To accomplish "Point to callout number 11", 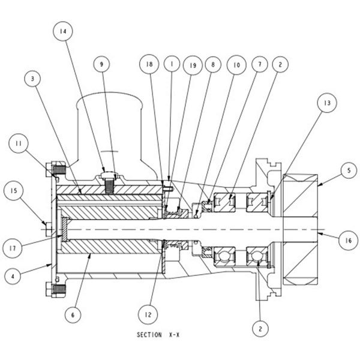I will click(19, 143).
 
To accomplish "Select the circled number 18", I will click(151, 62).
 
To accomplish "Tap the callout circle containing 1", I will click(172, 62).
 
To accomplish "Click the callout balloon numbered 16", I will click(346, 241).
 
